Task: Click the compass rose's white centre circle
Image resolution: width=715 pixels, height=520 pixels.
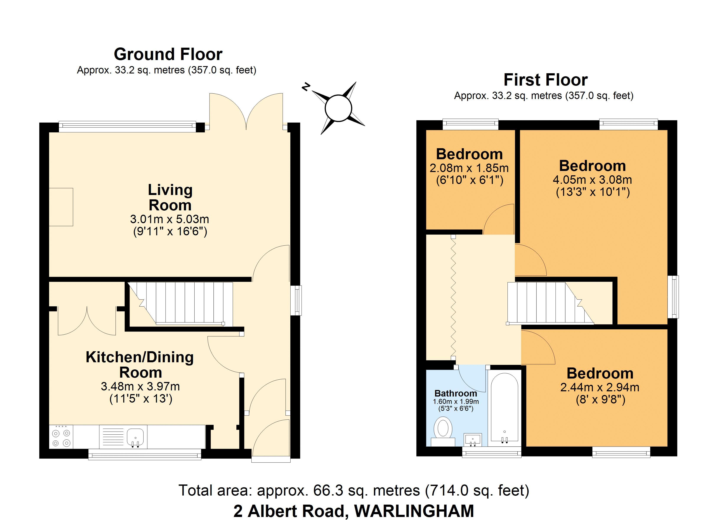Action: pos(338,108)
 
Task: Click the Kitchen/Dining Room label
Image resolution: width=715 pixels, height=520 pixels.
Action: pos(140,365)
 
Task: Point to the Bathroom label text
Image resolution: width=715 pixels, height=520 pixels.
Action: pos(456,393)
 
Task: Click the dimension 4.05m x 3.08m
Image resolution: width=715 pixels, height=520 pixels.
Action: pos(592,180)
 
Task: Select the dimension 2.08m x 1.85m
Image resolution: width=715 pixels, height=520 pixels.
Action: pos(469,168)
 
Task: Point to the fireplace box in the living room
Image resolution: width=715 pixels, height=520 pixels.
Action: pos(61,207)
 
